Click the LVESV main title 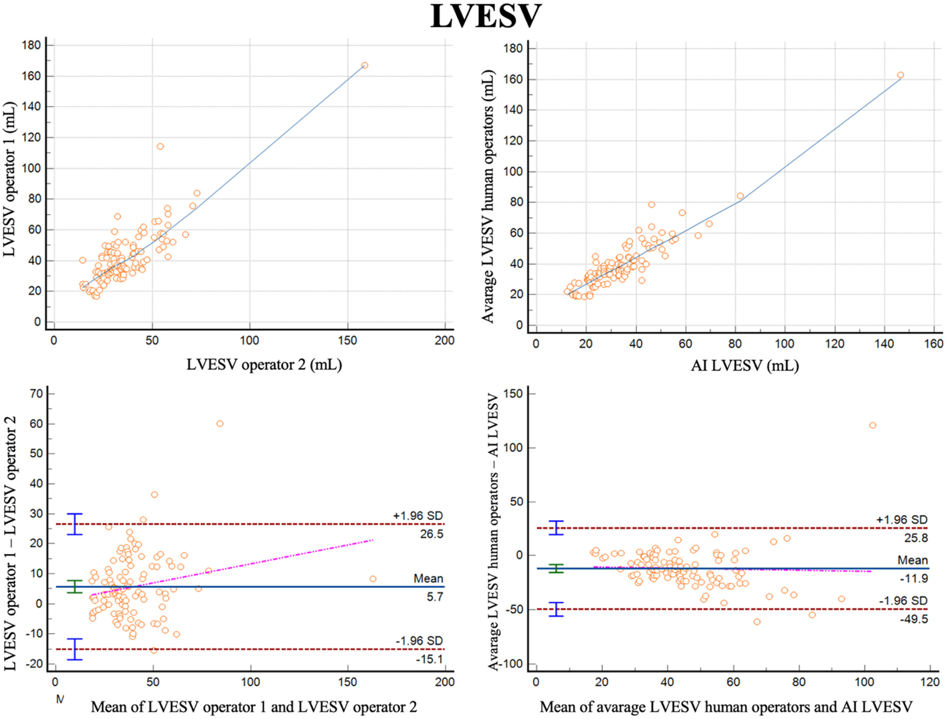coord(486,17)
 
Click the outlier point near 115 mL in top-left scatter coord(160,146)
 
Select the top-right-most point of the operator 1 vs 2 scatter coord(365,65)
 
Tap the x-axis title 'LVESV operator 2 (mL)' coord(264,364)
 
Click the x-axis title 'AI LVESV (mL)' coord(745,365)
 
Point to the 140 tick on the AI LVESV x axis coord(884,344)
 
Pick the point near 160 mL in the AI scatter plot coord(900,75)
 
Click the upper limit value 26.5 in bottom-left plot coord(432,534)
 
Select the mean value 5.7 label coord(435,597)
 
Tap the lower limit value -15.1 coord(429,659)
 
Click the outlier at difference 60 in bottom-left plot coord(220,424)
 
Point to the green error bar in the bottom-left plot coord(74,586)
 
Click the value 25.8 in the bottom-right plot coord(915,538)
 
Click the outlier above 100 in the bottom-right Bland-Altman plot coord(873,425)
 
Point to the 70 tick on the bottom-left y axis coord(36,394)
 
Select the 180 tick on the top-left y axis coord(31,45)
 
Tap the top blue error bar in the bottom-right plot coord(556,528)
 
